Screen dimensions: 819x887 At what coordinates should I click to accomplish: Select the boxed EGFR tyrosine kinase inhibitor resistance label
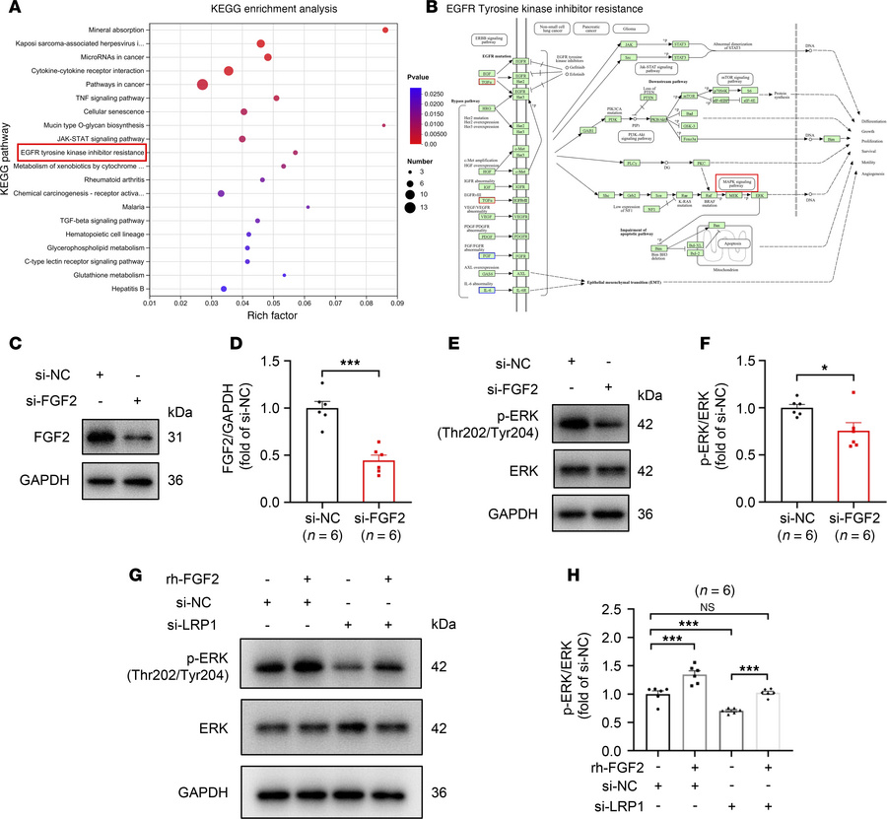82,153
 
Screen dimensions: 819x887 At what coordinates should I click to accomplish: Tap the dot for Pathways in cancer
202,85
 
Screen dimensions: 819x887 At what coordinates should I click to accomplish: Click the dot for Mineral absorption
384,30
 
